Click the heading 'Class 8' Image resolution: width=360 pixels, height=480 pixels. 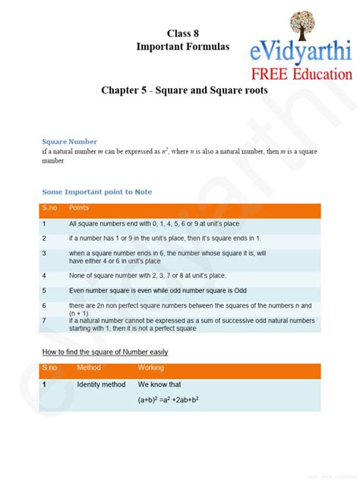[182, 33]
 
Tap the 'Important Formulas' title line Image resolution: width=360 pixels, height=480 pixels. [182, 47]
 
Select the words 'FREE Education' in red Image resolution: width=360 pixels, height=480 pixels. [302, 74]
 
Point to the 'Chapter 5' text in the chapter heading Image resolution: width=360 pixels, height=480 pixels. [123, 90]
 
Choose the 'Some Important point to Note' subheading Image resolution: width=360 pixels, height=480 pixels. [96, 191]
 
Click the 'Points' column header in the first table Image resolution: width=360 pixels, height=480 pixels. [79, 207]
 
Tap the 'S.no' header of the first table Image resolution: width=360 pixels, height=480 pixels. [50, 207]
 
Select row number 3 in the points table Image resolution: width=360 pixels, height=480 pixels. [45, 253]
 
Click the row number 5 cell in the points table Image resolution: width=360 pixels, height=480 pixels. [45, 290]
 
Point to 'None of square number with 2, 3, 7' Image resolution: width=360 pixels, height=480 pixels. [147, 276]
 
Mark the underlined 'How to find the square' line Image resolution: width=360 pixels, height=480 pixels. [105, 352]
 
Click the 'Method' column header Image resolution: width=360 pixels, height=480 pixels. [89, 368]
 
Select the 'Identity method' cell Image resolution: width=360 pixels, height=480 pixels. [101, 384]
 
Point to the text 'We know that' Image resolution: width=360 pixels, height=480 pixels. [159, 384]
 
